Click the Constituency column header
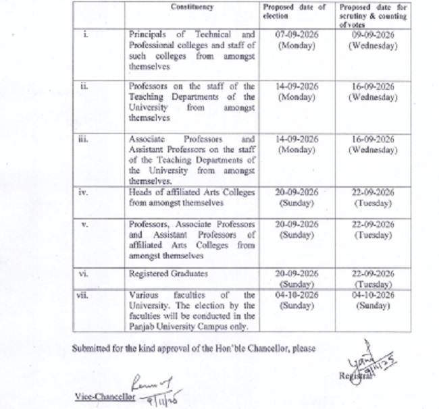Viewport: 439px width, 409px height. point(192,7)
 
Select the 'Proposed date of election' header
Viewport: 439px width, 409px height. point(296,11)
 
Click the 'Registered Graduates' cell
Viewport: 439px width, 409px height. point(161,274)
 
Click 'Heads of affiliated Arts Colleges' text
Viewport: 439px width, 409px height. point(192,192)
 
